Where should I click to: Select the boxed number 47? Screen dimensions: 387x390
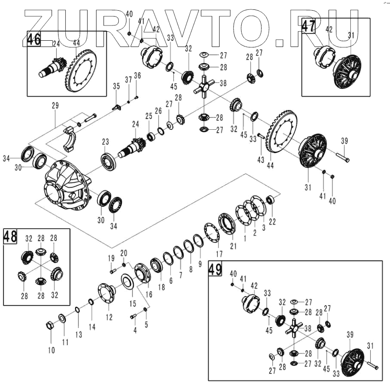point(308,26)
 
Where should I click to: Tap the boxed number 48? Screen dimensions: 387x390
point(10,237)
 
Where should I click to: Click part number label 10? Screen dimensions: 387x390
point(51,350)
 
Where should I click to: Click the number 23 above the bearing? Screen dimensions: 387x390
point(105,142)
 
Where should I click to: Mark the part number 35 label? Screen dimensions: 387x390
point(116,86)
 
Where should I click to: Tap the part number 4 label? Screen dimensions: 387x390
point(135,331)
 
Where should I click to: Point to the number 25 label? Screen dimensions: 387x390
point(149,116)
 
